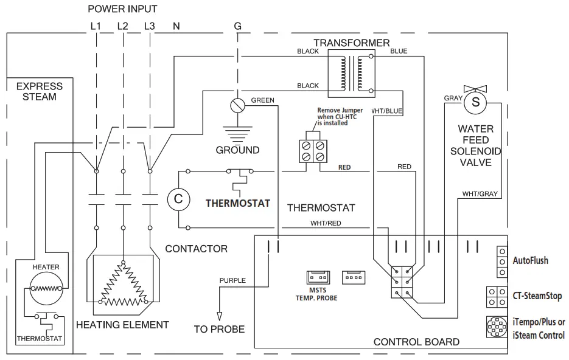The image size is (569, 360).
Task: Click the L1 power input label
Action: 95,26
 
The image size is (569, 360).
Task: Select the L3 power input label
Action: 150,26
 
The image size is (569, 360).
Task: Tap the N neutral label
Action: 176,26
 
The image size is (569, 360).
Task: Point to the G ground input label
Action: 237,26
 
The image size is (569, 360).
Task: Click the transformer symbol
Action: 351,72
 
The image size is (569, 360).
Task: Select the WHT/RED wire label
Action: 326,223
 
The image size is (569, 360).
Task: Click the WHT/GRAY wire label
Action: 480,194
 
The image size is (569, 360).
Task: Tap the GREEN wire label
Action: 262,100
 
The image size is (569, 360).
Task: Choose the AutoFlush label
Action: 531,260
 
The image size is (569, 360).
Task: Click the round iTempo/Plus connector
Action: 497,328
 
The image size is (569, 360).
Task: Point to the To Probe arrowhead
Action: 218,316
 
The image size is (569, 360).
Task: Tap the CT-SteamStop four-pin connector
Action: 496,296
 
